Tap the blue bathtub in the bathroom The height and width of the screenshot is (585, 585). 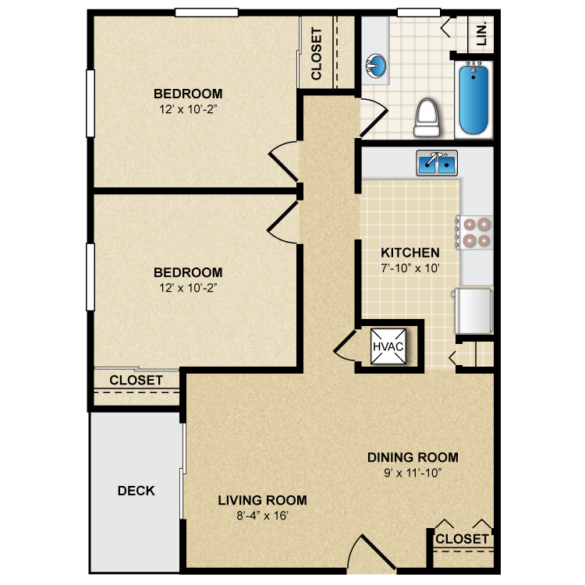474,100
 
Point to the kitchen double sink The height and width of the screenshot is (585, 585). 437,164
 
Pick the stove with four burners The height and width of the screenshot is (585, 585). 476,232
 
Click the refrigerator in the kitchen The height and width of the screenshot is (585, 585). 475,310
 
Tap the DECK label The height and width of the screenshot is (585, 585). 136,491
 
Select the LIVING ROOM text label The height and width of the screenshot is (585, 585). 262,500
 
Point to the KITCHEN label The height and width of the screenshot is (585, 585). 409,253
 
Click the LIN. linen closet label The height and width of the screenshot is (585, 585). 481,33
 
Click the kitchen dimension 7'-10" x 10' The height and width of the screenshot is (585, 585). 409,268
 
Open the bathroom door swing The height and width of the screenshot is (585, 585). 372,117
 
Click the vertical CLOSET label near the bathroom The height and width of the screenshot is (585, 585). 317,54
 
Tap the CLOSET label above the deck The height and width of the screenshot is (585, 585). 136,380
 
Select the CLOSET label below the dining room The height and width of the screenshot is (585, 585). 462,539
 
